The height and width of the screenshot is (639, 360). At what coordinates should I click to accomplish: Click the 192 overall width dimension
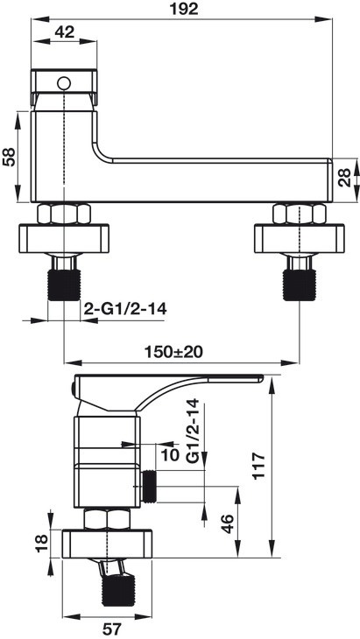(186, 10)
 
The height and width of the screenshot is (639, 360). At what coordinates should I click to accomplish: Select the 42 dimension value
(64, 32)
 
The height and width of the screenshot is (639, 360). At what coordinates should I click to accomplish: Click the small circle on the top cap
(62, 84)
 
